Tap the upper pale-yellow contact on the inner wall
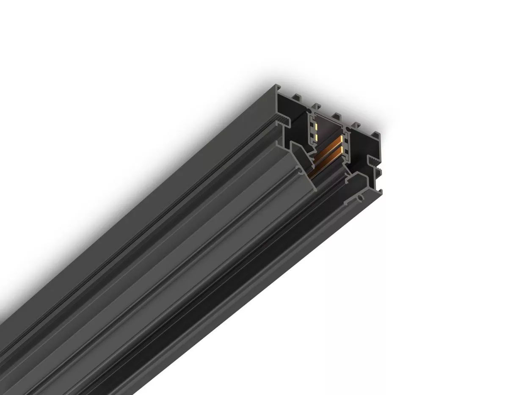pos(315,127)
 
